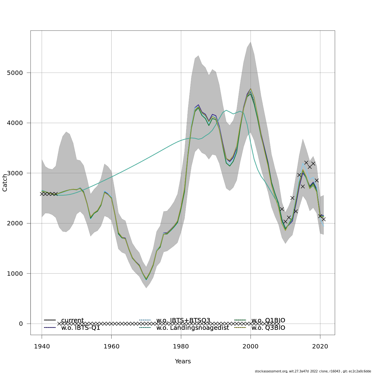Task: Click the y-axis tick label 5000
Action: pyautogui.click(x=15, y=73)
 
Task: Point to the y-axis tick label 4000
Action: pyautogui.click(x=15, y=123)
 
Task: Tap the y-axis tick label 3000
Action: pyautogui.click(x=15, y=173)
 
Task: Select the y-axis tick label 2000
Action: pyautogui.click(x=15, y=223)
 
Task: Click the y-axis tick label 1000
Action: pyautogui.click(x=15, y=274)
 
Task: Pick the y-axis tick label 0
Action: pyautogui.click(x=21, y=324)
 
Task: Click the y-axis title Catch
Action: pyautogui.click(x=5, y=183)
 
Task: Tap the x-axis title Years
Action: pyautogui.click(x=183, y=361)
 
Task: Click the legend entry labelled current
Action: pyautogui.click(x=72, y=320)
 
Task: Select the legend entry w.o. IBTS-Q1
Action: pyautogui.click(x=81, y=328)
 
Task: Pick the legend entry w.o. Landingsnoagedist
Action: pyautogui.click(x=192, y=328)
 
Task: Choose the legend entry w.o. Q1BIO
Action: pyautogui.click(x=268, y=320)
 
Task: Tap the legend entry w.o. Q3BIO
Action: pyautogui.click(x=268, y=328)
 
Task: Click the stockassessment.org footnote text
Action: pyautogui.click(x=313, y=371)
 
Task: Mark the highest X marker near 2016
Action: pyautogui.click(x=306, y=163)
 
